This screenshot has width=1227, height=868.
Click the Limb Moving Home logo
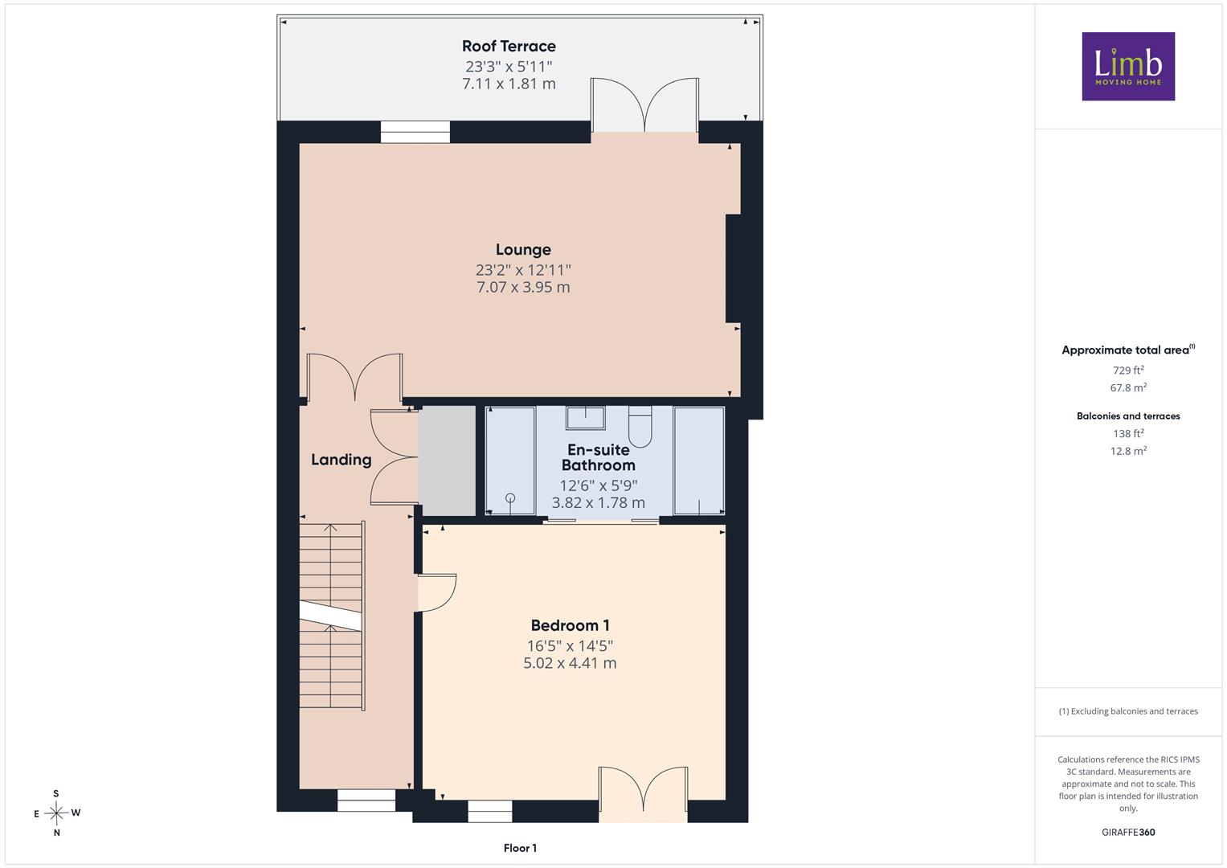[1128, 66]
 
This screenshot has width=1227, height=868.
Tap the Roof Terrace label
[509, 46]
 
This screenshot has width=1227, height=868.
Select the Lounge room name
[523, 250]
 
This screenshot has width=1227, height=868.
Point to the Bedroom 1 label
[570, 625]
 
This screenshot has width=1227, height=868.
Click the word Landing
[342, 460]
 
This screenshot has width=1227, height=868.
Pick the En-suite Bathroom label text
[598, 457]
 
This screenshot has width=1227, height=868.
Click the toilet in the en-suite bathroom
[640, 426]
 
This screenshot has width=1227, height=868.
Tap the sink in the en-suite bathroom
[586, 418]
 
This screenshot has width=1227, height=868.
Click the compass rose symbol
[56, 813]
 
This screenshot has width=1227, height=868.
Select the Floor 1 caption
[520, 848]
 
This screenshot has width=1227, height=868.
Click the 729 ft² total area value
[1128, 370]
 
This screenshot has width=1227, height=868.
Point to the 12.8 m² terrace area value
[1128, 450]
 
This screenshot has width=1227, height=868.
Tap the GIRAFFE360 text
[1128, 832]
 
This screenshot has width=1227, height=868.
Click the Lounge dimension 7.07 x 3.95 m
[523, 287]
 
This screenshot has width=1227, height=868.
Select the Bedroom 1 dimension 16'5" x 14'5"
[570, 645]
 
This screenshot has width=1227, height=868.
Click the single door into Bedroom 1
[436, 592]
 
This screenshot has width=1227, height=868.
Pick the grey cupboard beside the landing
[447, 461]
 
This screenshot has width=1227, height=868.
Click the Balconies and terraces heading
[1128, 416]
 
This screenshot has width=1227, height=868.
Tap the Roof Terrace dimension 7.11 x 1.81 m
[509, 84]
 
